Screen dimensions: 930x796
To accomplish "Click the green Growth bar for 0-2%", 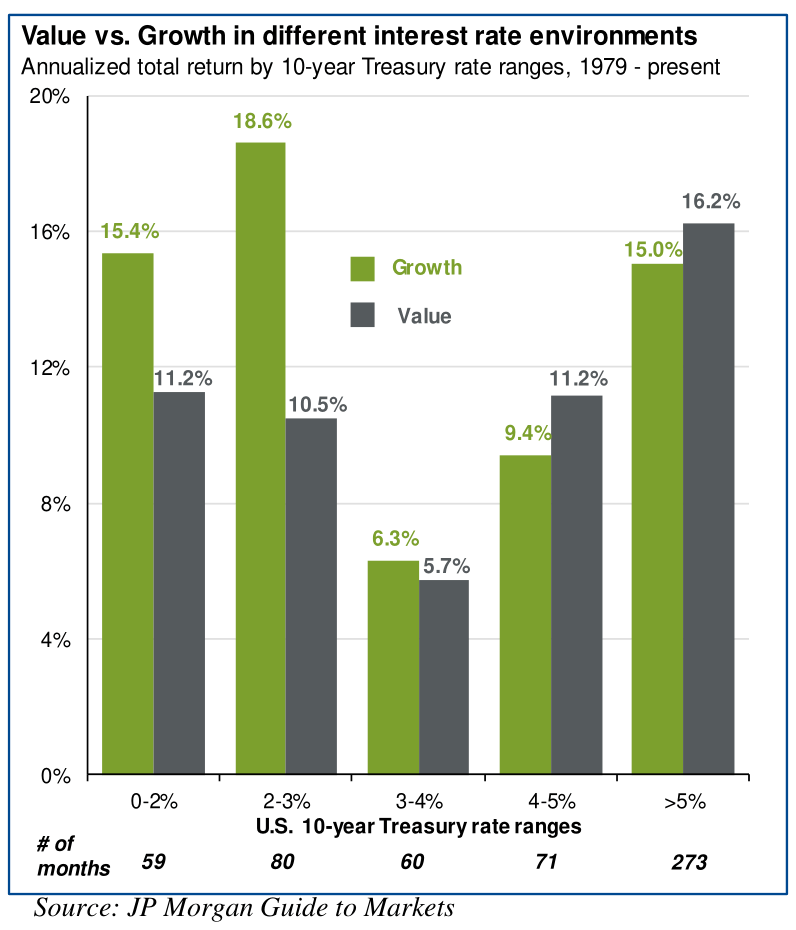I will click(x=127, y=514).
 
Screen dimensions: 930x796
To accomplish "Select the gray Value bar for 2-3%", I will click(x=311, y=596).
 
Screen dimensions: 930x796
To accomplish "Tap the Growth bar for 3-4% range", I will click(x=393, y=667).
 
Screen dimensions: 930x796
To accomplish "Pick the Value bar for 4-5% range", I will click(x=577, y=585).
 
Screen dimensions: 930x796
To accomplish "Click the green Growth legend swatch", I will click(x=362, y=268).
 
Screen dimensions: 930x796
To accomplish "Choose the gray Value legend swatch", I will click(x=362, y=315).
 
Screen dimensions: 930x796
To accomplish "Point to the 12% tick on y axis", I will click(x=54, y=367).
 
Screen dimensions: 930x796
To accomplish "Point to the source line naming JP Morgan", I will click(x=245, y=908).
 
